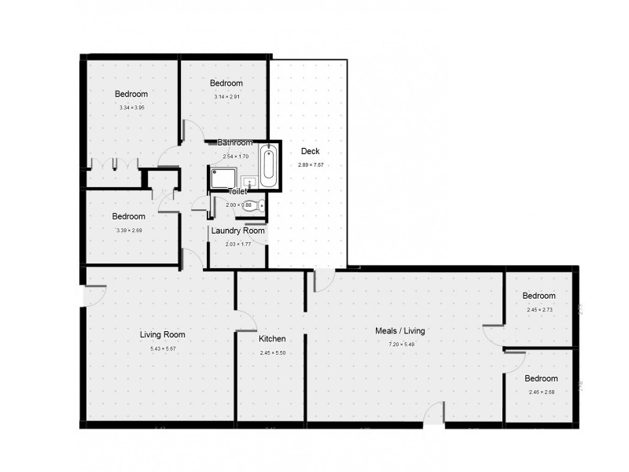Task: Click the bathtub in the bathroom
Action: (269, 165)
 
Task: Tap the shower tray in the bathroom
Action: (223, 178)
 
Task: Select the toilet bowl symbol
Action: (259, 206)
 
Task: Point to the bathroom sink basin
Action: (248, 181)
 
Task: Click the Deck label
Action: (311, 152)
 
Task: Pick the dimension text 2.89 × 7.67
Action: (311, 164)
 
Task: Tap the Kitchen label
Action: (272, 339)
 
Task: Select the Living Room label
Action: (163, 334)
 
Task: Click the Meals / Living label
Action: (400, 331)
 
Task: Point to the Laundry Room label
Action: (237, 231)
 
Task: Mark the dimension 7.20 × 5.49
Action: (400, 345)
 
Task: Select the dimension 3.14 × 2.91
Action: (226, 97)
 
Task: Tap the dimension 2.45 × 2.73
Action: (539, 309)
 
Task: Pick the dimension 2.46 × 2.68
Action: (541, 392)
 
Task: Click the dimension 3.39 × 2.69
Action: (128, 230)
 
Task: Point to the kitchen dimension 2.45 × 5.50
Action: (272, 352)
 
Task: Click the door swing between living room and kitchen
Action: (246, 320)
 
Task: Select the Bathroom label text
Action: (235, 143)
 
